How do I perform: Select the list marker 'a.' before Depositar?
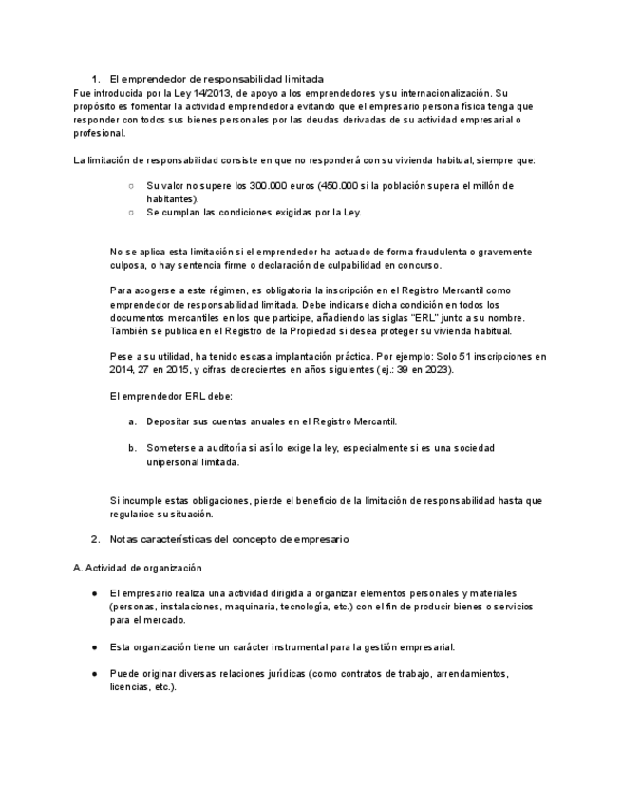pos(132,421)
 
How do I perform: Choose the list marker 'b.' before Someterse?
pos(132,447)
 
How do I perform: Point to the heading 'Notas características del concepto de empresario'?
pos(229,539)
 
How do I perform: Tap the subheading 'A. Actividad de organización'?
pos(137,568)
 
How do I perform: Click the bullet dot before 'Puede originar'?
pos(95,673)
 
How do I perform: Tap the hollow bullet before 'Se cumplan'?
pos(131,212)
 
